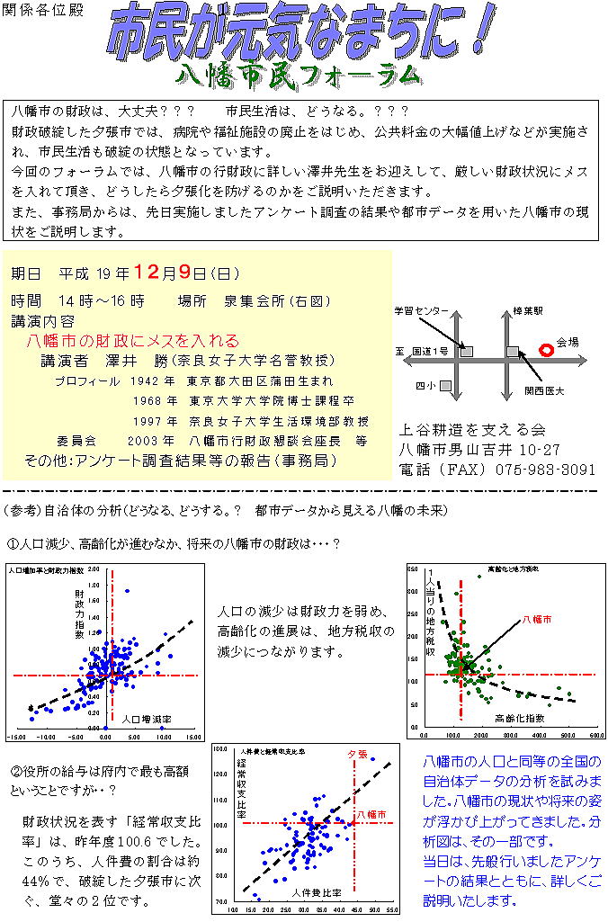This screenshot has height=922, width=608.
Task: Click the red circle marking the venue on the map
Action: [544, 349]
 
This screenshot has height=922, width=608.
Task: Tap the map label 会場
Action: [568, 342]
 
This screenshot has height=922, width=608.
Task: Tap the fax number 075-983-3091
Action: [546, 470]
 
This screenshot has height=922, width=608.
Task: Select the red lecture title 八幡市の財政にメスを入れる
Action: [133, 341]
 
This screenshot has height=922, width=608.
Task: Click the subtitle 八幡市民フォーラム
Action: [299, 74]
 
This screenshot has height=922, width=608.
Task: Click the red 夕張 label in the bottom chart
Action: [357, 753]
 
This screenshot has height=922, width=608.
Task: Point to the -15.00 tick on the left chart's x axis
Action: [17, 737]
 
